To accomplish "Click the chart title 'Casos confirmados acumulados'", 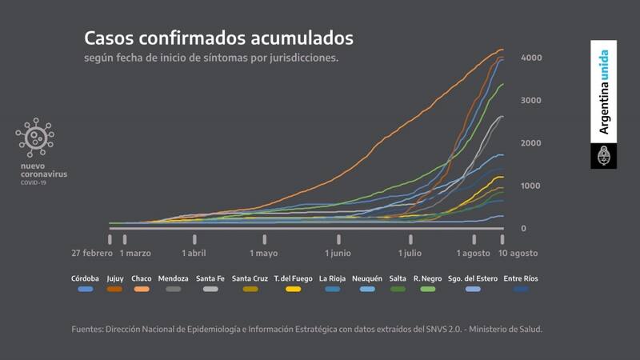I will tap(218, 38).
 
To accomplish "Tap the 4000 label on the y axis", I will tap(532, 58).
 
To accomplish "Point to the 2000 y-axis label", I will tap(532, 143).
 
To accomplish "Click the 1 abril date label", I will tap(194, 253).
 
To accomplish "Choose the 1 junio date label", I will tap(338, 253).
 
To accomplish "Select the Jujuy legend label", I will tap(114, 278).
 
